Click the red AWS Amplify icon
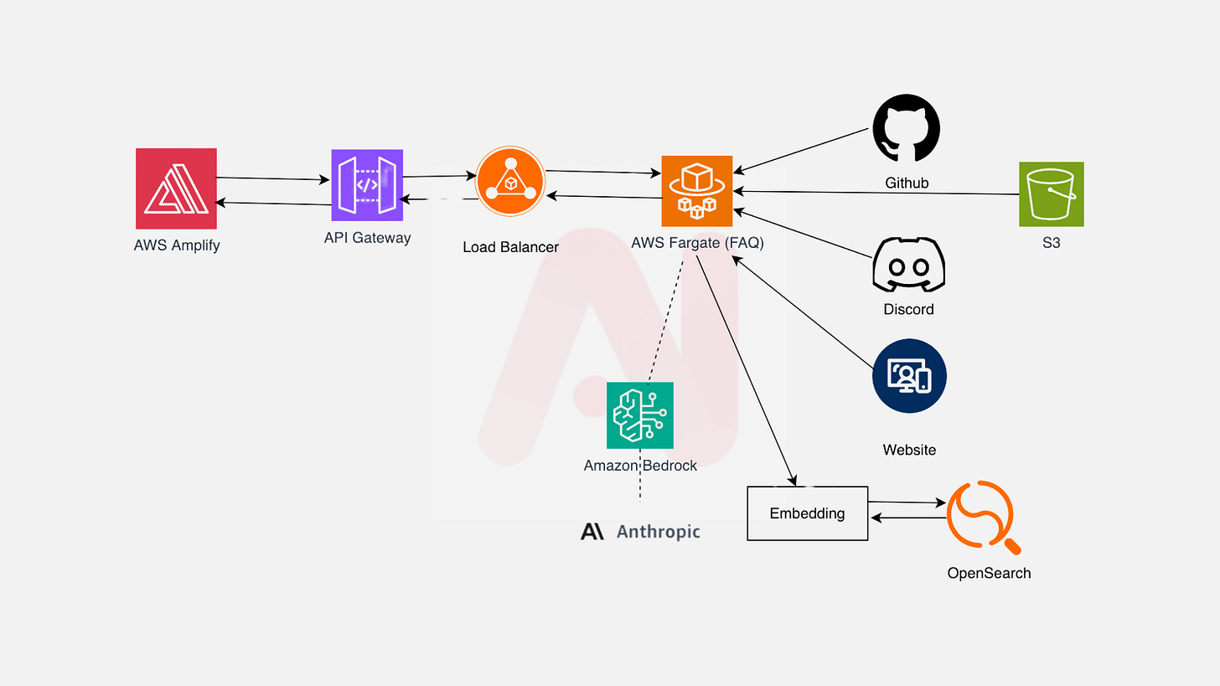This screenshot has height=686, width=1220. tap(176, 188)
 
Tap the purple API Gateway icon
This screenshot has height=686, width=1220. tap(367, 185)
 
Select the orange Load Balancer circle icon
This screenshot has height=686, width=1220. tap(510, 181)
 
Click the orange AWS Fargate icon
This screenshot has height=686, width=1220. tap(696, 191)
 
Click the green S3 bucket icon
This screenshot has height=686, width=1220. tap(1051, 193)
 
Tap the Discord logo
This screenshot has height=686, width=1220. tap(908, 264)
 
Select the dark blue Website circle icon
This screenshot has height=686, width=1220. tap(909, 376)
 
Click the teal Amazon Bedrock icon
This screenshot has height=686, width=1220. tap(639, 415)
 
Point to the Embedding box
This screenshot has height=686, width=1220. tap(807, 513)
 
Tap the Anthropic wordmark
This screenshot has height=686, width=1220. tap(640, 531)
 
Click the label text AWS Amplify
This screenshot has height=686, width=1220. tap(177, 245)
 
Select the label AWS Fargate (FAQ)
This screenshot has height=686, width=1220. tap(697, 243)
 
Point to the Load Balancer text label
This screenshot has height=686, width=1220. tap(510, 247)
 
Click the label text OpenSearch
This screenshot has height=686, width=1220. tap(989, 573)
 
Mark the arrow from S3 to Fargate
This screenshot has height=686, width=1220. tap(876, 193)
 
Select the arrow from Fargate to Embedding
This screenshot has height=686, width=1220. tap(746, 369)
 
